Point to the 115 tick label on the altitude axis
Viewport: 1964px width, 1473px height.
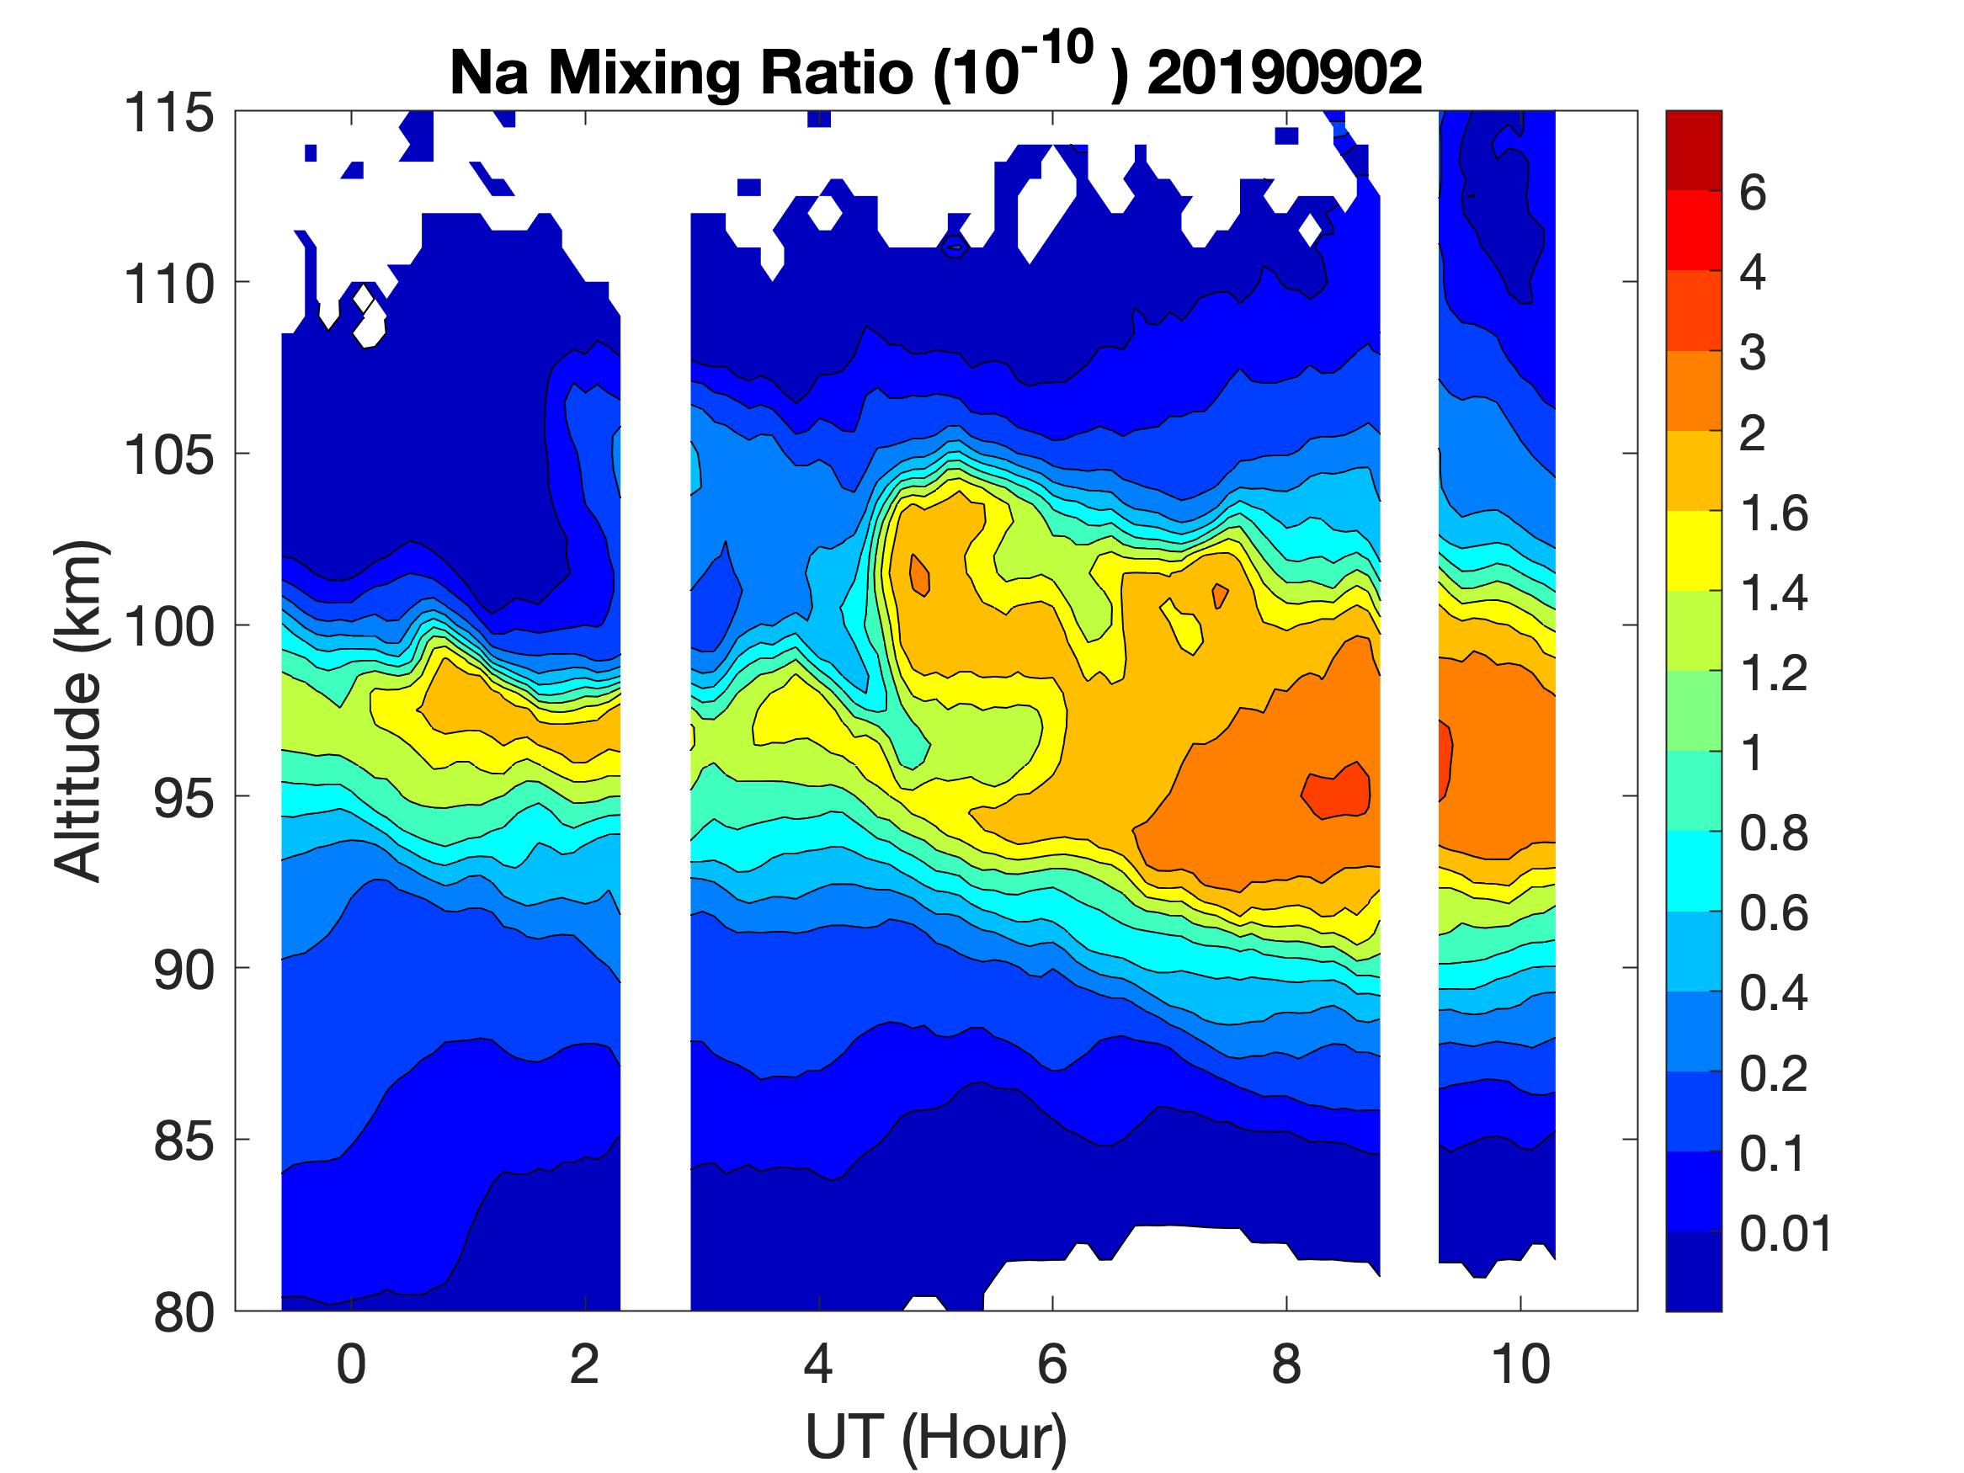168,114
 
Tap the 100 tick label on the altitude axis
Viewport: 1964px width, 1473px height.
168,627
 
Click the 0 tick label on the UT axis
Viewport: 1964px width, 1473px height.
352,1364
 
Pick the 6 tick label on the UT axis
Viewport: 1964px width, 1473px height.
1052,1364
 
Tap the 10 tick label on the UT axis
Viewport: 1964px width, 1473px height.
1521,1364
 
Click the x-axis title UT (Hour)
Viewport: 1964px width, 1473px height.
936,1437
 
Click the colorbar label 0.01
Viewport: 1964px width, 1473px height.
1786,1233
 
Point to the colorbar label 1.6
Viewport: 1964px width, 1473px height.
1773,513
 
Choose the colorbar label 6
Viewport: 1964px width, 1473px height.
1753,193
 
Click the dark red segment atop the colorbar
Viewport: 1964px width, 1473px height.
1693,151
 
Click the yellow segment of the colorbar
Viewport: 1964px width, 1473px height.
1693,550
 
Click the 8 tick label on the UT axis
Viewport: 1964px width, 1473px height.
1286,1364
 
